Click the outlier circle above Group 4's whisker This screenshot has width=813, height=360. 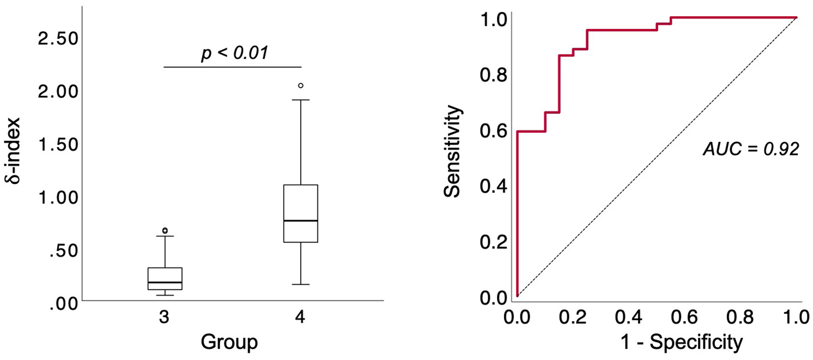click(x=301, y=86)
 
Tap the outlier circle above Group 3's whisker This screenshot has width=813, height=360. click(x=165, y=230)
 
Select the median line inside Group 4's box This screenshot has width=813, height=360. click(x=301, y=221)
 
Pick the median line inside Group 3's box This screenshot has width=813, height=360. click(x=165, y=282)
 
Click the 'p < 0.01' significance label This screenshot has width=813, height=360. click(x=234, y=53)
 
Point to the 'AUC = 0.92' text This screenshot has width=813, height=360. click(x=751, y=149)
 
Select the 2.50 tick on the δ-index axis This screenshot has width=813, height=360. click(x=58, y=39)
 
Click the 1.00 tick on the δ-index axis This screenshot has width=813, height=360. click(x=58, y=198)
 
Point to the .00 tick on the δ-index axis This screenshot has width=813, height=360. click(x=64, y=305)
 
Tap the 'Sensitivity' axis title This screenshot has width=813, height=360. click(x=452, y=151)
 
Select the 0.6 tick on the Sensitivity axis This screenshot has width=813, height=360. click(x=493, y=131)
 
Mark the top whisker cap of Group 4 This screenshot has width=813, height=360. click(x=301, y=100)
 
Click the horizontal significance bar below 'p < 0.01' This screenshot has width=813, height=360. click(x=232, y=67)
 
